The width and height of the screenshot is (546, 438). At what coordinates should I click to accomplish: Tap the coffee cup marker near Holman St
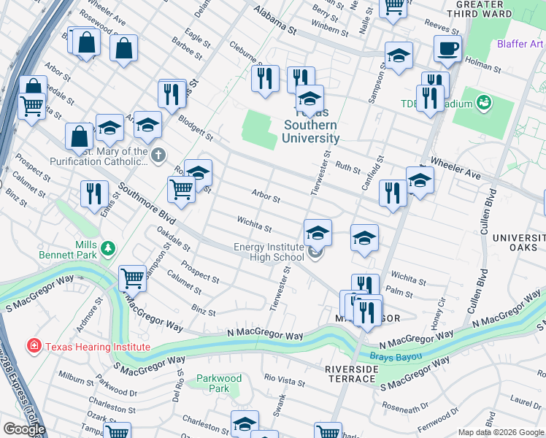pos(447,49)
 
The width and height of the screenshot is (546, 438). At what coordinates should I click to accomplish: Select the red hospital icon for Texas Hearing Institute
pos(33,346)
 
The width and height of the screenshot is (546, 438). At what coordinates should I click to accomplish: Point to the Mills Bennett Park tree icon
pos(108,249)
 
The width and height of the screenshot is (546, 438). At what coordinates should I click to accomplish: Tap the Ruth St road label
pos(343,166)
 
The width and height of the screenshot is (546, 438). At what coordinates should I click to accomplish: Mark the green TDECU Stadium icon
pos(483,102)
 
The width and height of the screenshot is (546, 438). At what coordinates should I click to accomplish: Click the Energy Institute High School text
pos(269,253)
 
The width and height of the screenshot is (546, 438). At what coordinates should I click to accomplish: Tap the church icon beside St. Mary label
pos(158,154)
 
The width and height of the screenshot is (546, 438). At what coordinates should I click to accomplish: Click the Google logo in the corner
pos(24,429)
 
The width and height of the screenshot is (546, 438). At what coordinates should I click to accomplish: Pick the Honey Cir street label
pos(439,310)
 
